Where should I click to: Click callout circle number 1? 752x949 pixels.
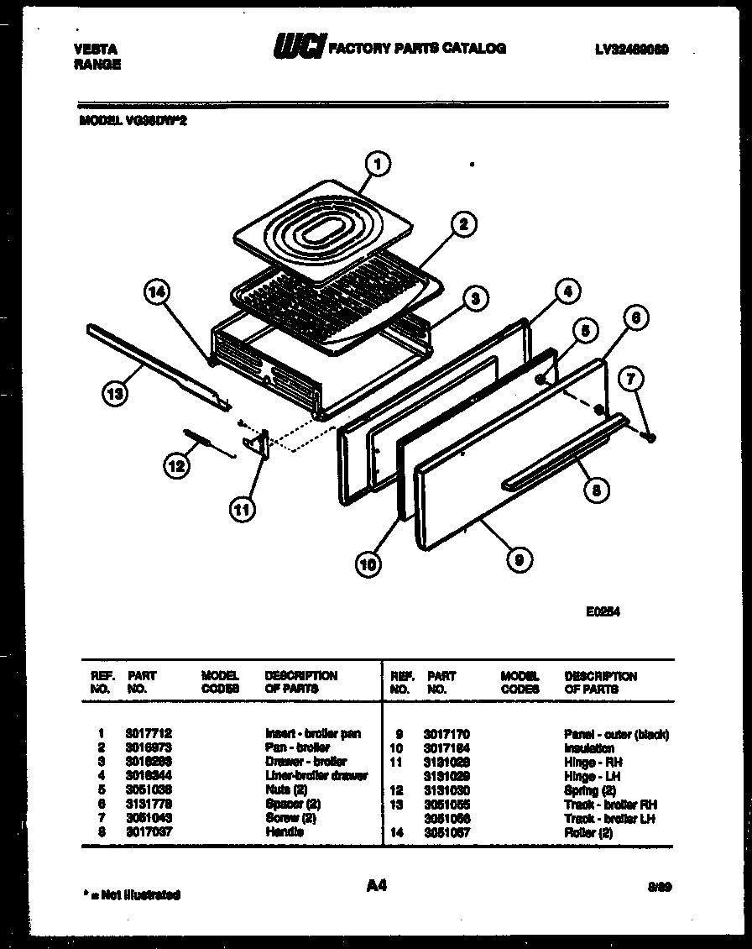[379, 165]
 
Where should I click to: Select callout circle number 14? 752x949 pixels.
[157, 293]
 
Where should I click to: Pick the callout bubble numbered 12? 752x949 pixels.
[175, 465]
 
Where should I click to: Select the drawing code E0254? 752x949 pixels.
[603, 612]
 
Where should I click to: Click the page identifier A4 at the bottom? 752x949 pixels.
[376, 884]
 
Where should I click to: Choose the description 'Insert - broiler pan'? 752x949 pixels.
[313, 734]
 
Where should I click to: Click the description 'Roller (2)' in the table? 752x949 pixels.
[588, 832]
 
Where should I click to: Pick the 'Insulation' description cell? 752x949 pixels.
[589, 748]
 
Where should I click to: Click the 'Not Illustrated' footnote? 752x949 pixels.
[132, 894]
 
